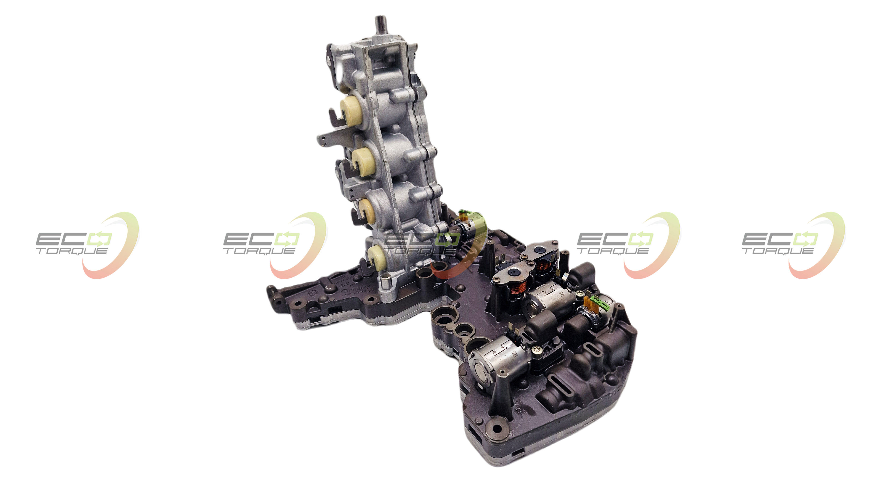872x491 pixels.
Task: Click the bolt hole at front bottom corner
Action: point(497,429)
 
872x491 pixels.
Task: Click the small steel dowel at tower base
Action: point(385,280)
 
